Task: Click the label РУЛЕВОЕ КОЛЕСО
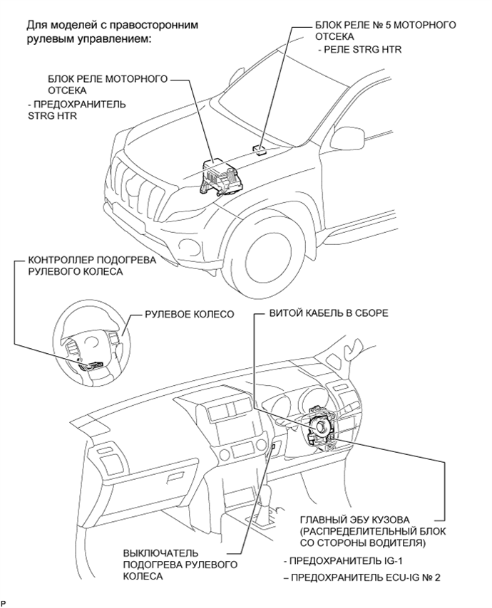coord(190,314)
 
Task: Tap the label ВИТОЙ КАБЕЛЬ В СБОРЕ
coord(329,313)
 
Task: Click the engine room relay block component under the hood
coord(219,177)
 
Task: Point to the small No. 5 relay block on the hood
coord(260,149)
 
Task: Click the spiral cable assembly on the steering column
coord(322,427)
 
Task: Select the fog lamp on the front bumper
coord(189,246)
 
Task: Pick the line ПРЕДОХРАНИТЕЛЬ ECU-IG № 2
coord(362,578)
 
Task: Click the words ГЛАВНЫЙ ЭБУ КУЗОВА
coord(354,519)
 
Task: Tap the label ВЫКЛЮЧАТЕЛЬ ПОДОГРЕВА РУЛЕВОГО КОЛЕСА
coord(180,565)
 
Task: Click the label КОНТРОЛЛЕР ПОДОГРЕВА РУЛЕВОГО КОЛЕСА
coord(92,266)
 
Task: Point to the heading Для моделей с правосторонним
coord(112,25)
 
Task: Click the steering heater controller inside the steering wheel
coord(92,365)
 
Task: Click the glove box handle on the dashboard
coord(178,478)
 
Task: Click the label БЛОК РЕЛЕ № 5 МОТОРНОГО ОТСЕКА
coord(386,31)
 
